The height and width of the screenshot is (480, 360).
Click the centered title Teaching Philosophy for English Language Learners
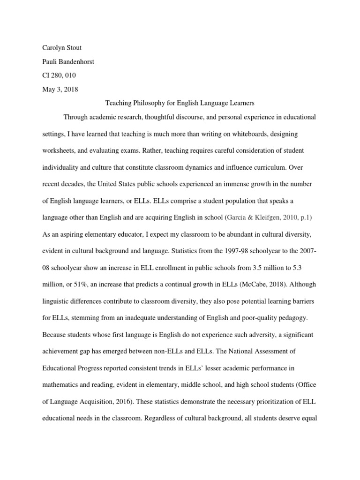[179, 103]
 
